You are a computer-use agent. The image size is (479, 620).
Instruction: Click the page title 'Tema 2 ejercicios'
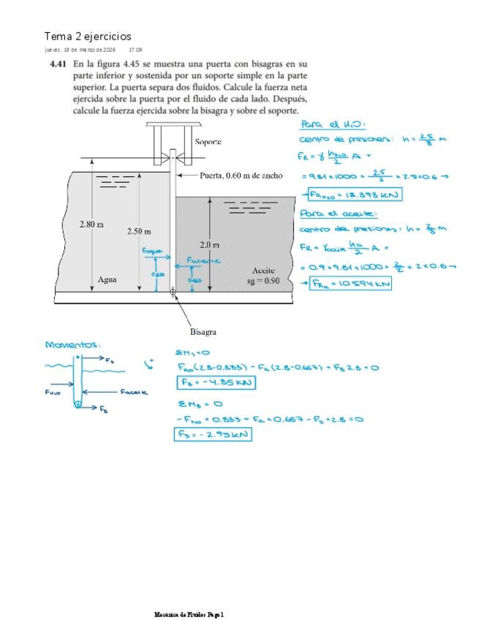pos(88,37)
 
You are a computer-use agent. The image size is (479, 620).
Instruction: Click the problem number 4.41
pos(58,64)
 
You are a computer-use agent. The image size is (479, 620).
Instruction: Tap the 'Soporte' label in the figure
pos(208,141)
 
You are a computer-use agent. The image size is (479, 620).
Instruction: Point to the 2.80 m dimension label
pos(91,224)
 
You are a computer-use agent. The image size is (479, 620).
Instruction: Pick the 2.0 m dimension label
pos(209,244)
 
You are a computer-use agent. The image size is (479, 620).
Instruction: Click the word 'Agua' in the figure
pos(108,279)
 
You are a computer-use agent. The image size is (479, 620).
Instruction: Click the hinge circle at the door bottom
pos(173,291)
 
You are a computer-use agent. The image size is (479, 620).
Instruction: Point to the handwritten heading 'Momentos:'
pos(72,344)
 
